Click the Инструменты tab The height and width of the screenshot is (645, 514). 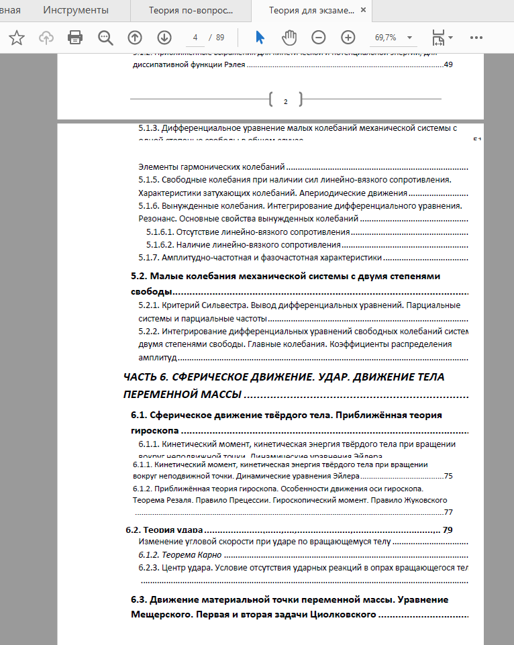click(x=75, y=10)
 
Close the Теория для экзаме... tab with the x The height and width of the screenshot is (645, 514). click(x=364, y=11)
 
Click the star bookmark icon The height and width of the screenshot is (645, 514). click(x=17, y=38)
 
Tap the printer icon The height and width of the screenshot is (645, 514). click(x=76, y=38)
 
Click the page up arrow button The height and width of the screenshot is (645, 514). click(x=135, y=38)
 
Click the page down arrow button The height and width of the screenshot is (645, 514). click(x=164, y=38)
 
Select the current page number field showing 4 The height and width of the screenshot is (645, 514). click(x=195, y=38)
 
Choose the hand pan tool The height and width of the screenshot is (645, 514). click(x=289, y=38)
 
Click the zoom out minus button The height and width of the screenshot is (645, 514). click(x=319, y=38)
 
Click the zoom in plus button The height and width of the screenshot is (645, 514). click(x=348, y=38)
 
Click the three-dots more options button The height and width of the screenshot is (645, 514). click(x=476, y=38)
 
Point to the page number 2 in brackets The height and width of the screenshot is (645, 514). click(x=285, y=101)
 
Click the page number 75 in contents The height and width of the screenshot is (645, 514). click(x=448, y=476)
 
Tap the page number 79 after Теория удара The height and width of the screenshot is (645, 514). click(x=448, y=530)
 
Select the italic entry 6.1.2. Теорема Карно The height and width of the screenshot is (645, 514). click(x=180, y=554)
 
